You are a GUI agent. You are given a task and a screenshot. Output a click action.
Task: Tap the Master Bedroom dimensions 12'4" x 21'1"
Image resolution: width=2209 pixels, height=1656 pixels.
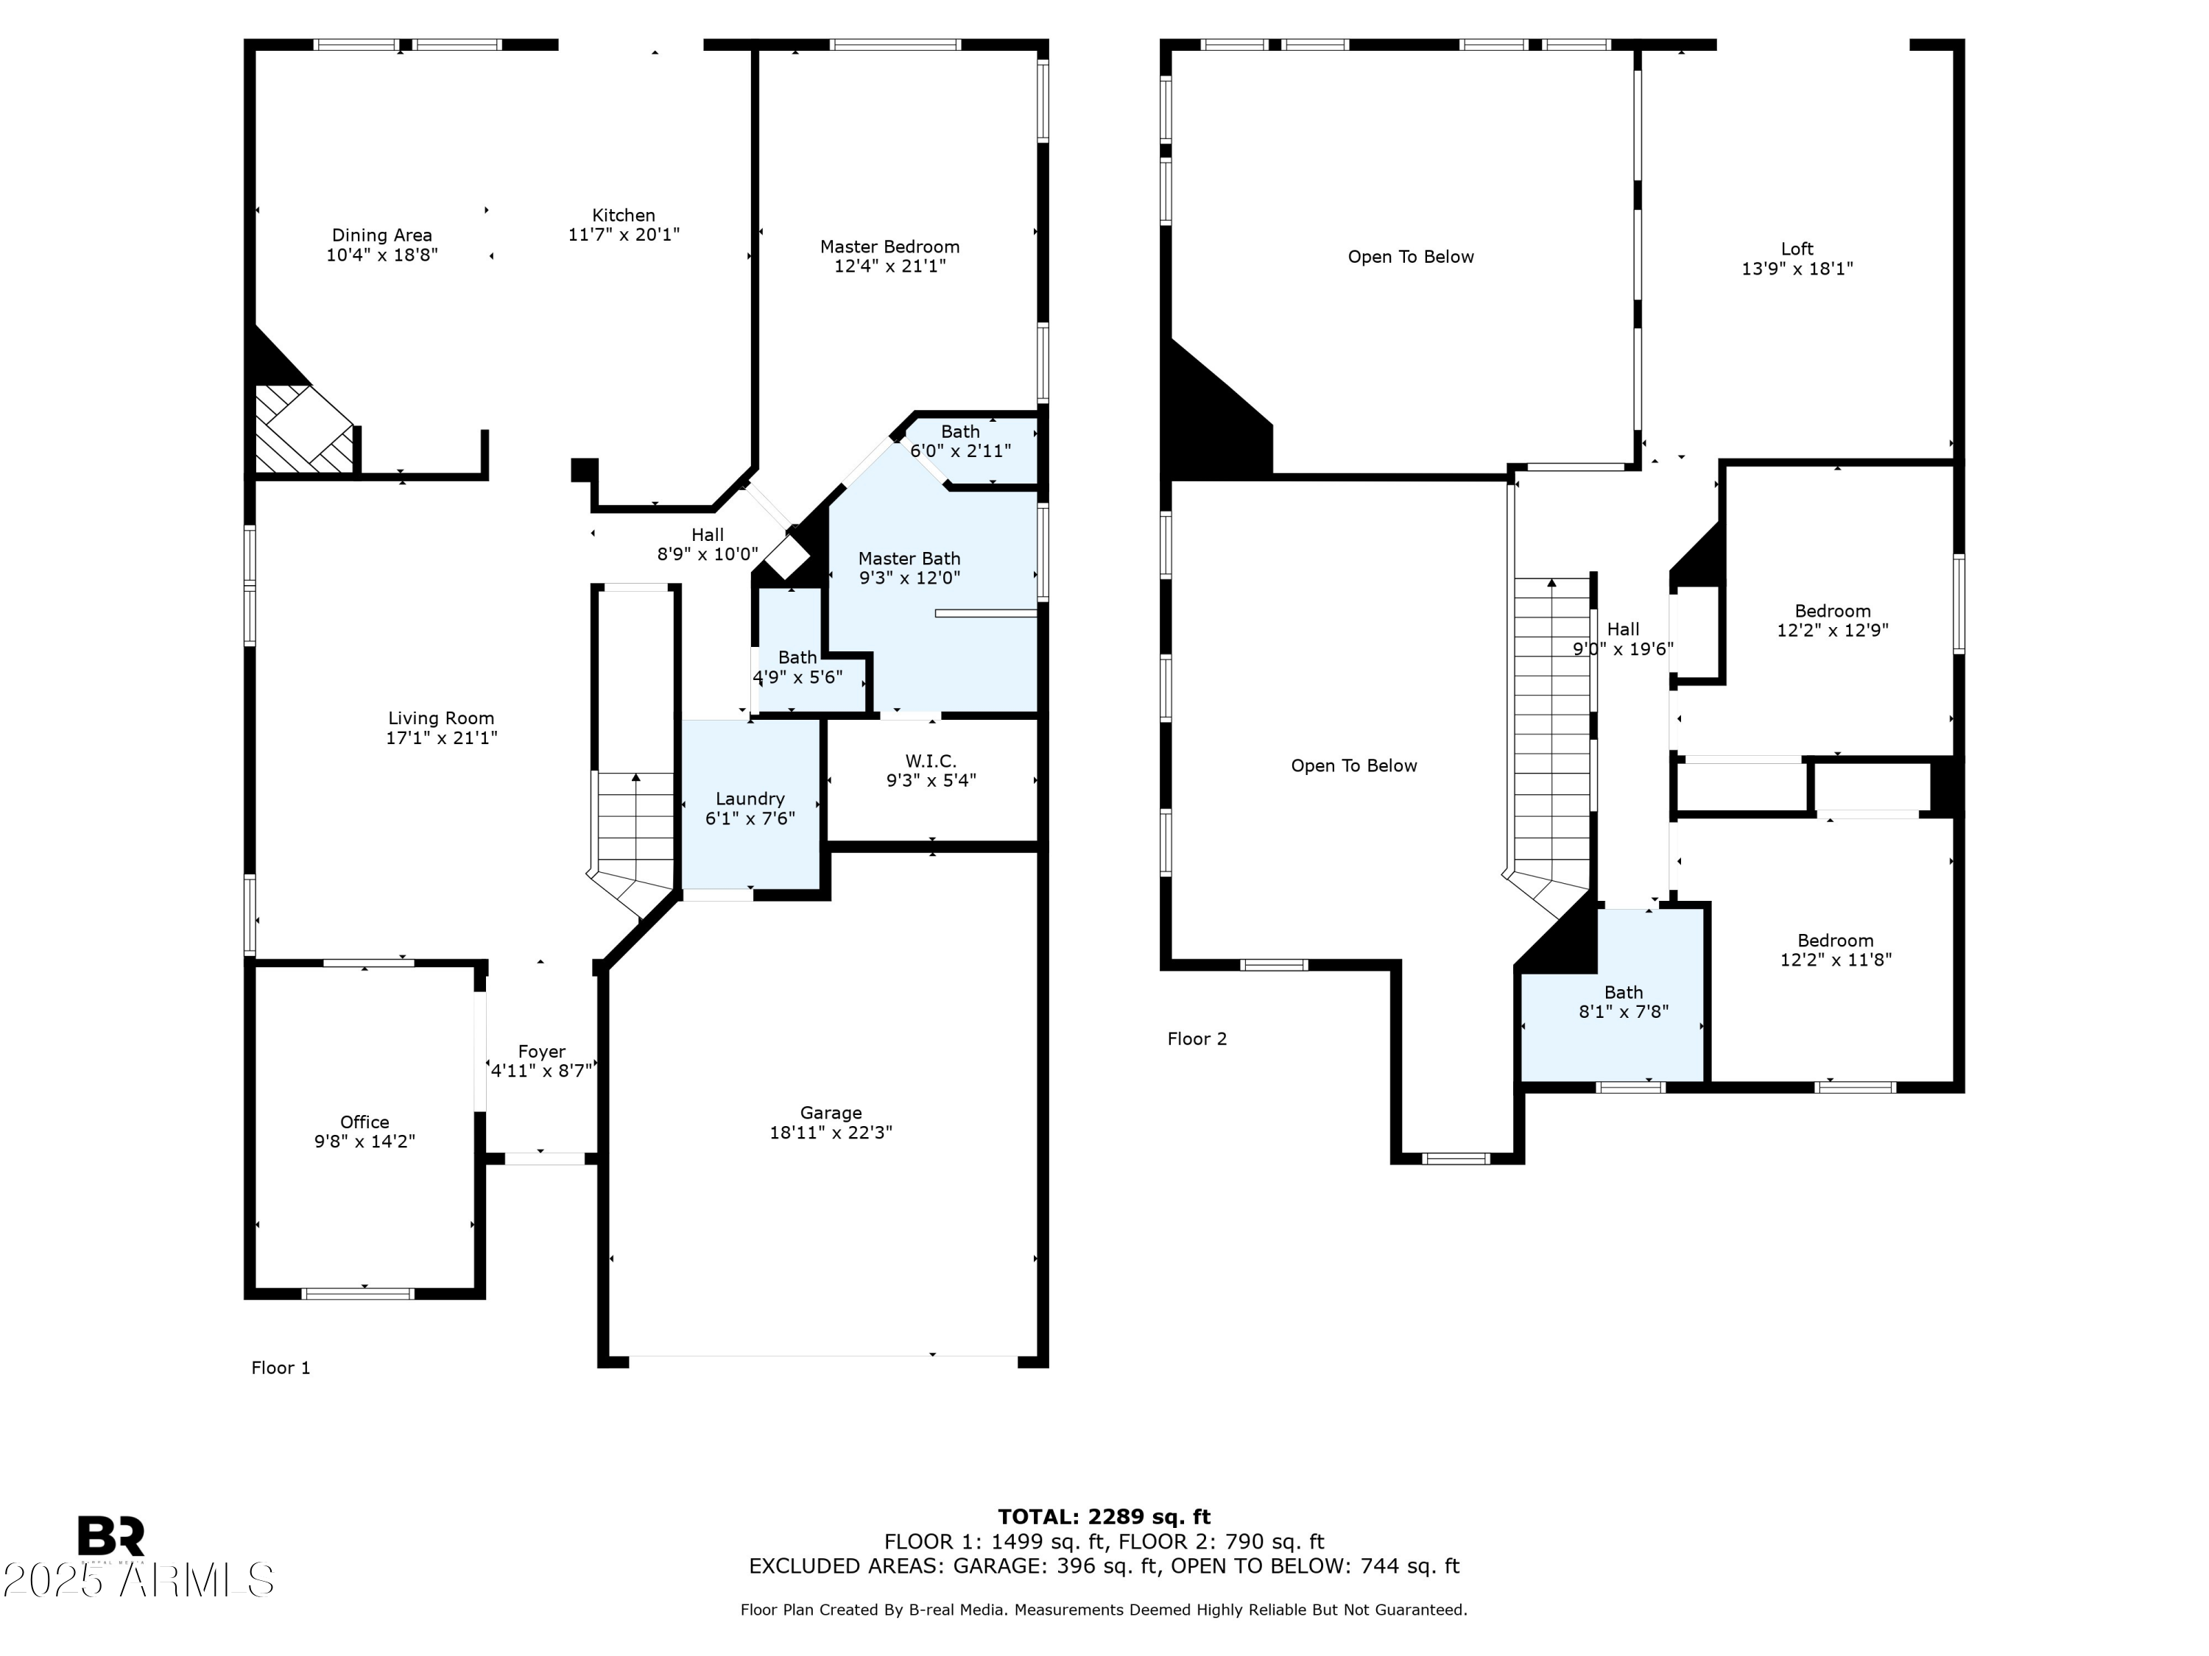point(889,266)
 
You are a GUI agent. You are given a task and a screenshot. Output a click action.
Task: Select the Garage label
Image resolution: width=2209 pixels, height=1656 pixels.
point(831,1113)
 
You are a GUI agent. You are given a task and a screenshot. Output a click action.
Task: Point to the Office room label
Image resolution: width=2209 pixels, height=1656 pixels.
point(364,1122)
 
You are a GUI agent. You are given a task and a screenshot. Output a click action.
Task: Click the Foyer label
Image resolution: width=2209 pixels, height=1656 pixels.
point(541,1052)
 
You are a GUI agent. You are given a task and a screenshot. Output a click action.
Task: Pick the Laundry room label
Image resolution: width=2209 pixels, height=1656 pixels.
point(750,799)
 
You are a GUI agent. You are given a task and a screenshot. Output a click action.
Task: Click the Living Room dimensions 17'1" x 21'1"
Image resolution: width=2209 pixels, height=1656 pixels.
point(441,737)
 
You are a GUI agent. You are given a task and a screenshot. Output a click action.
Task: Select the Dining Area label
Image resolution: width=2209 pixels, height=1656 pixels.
point(381,236)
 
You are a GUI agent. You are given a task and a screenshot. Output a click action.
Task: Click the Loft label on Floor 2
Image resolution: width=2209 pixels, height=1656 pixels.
point(1797,249)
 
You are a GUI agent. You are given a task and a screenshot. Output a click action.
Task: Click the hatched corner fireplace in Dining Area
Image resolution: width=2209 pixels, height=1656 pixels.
point(306,429)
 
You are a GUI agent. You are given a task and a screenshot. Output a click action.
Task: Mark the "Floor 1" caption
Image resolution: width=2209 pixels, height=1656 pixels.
point(281,1367)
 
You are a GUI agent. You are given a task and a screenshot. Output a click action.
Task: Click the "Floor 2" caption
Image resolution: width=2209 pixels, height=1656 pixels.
point(1197,1038)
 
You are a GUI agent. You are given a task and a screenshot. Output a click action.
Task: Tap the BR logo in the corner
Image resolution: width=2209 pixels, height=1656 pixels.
point(111,1536)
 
